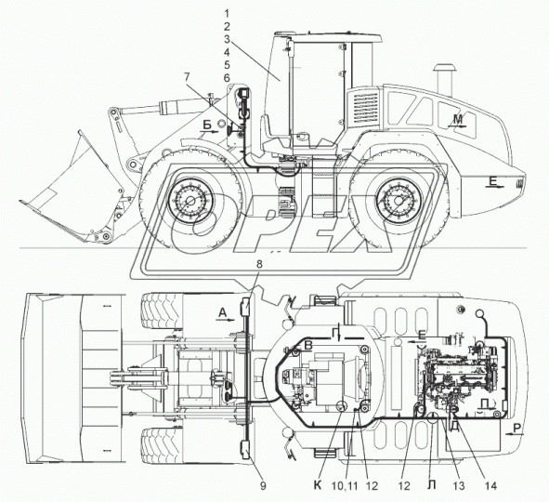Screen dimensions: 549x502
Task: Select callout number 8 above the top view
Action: [x=259, y=264]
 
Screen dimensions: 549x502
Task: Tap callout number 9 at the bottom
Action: [x=263, y=485]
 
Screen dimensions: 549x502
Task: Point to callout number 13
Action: [x=459, y=485]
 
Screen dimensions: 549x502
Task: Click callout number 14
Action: [x=490, y=485]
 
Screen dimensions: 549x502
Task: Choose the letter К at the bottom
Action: [x=318, y=485]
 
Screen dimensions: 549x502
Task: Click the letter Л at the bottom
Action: [x=432, y=485]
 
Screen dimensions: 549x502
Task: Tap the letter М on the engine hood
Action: [x=458, y=119]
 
